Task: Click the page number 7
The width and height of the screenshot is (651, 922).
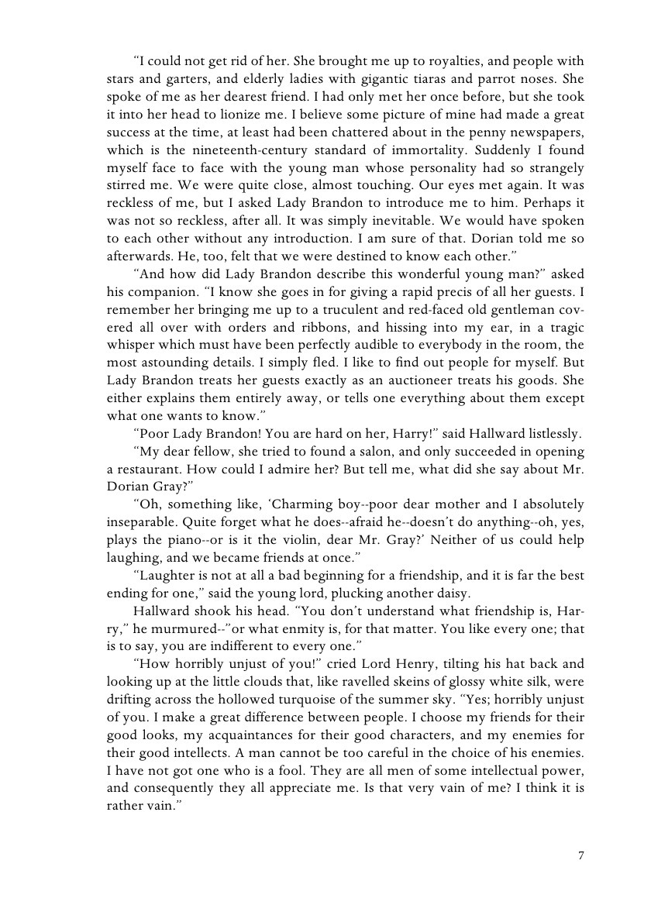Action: click(x=580, y=855)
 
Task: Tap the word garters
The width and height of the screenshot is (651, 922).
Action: click(x=184, y=78)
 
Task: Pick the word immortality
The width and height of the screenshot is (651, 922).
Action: click(x=425, y=150)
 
